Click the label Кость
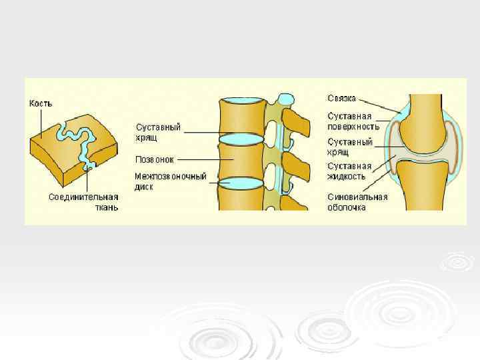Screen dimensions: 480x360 pos(40,104)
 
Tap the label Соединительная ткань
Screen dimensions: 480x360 pos(83,201)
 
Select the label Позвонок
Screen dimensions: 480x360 pos(155,160)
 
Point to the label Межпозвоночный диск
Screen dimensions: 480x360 pos(170,181)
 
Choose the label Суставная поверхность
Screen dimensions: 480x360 pos(353,121)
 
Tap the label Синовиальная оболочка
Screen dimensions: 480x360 pos(357,202)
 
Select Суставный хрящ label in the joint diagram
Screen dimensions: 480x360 pos(349,146)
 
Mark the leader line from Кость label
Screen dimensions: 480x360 pos(41,123)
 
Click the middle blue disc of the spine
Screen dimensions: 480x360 pos(241,139)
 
